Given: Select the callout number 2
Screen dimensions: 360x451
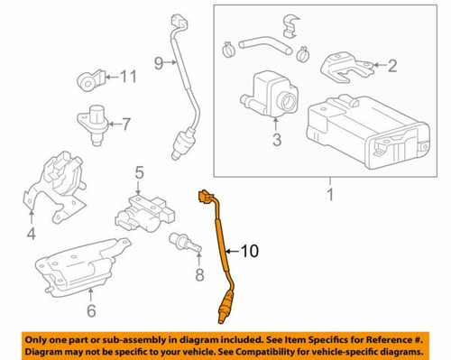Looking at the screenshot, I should [392, 65].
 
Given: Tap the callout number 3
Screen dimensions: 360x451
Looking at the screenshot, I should [277, 140].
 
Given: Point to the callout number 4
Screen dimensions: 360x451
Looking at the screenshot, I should [31, 237].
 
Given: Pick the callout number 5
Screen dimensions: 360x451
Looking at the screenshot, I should [140, 172].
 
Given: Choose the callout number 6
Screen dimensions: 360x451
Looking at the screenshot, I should [90, 312].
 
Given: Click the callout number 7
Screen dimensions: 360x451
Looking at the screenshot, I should [126, 123].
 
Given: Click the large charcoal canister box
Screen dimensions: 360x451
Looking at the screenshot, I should [351, 135].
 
